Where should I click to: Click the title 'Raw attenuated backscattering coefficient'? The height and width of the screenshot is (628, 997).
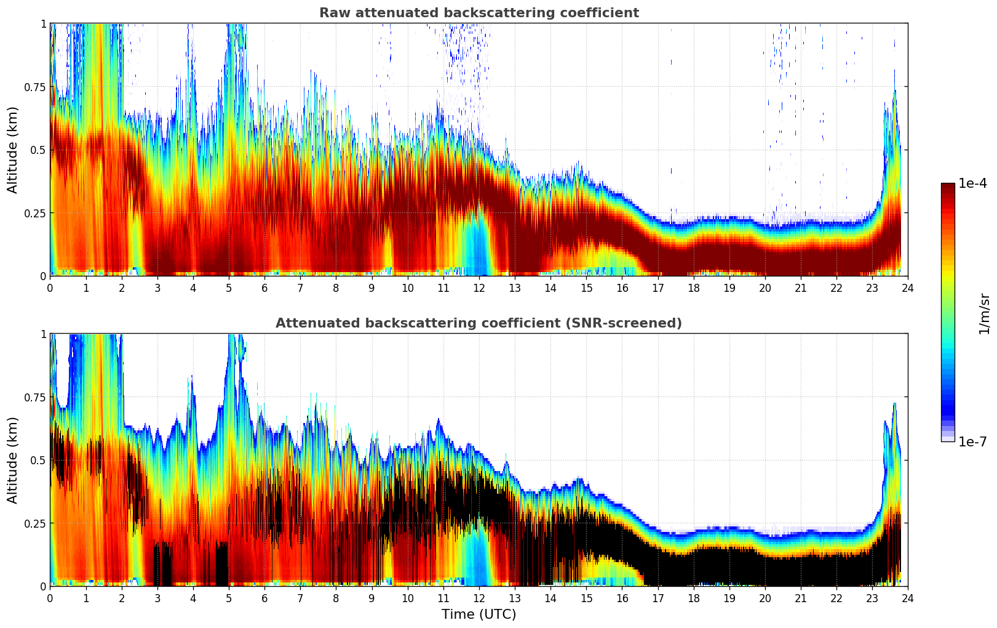coord(479,13)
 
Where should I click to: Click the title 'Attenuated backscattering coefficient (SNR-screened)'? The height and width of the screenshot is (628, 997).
coord(479,323)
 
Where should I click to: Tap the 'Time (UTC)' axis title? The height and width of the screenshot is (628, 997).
coord(479,614)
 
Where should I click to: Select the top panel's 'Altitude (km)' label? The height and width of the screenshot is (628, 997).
coord(13,150)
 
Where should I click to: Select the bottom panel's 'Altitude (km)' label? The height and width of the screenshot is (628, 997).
coord(13,460)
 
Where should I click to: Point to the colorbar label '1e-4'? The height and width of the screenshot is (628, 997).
coord(972,183)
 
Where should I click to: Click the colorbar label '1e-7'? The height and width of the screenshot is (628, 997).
coord(972,441)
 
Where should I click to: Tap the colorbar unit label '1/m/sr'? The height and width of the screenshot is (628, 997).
coord(984,313)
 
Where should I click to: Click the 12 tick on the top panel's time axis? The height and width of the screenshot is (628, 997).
coord(479,288)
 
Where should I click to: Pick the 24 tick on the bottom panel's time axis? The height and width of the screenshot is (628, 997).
coord(907,598)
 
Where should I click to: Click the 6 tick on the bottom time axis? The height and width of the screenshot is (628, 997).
coord(264,598)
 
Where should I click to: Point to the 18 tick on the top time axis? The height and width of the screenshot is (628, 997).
coord(693,288)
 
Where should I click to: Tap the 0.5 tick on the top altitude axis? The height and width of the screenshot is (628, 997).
coord(38,150)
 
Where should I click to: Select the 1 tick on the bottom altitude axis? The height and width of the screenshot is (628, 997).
coord(43,334)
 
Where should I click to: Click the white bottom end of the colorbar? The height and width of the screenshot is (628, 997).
coord(948,439)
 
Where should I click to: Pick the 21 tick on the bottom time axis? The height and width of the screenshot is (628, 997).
coord(800,598)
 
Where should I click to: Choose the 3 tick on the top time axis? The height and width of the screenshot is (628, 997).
coord(157,288)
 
